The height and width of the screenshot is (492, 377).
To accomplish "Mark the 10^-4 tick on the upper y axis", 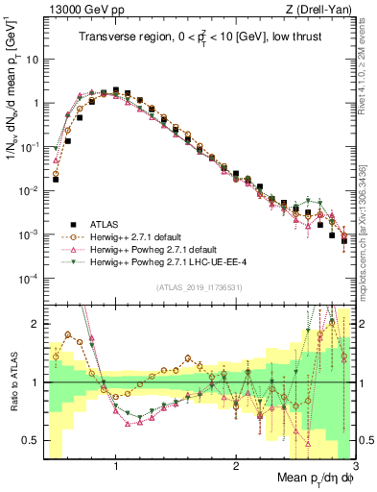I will tap(29, 279).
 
